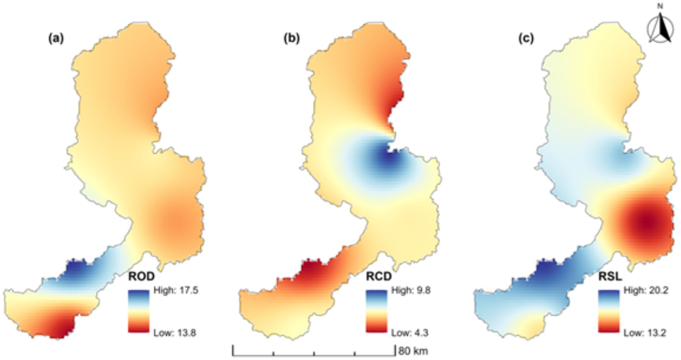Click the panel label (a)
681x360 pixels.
[x=56, y=38]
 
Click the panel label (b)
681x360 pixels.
[x=291, y=38]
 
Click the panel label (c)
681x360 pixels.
[x=526, y=38]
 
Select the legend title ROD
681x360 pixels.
[x=141, y=277]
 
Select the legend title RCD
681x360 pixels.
[x=379, y=277]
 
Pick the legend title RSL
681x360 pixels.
[x=610, y=277]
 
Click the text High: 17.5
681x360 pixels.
[x=176, y=290]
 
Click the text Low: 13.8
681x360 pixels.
[x=174, y=333]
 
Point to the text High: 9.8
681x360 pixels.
[x=411, y=290]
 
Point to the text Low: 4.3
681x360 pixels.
[x=409, y=333]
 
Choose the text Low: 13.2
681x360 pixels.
[x=644, y=333]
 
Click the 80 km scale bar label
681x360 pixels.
[x=413, y=351]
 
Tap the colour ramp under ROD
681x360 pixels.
[x=139, y=311]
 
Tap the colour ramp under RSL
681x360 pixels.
[x=608, y=311]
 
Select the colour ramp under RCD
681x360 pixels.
[x=376, y=311]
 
